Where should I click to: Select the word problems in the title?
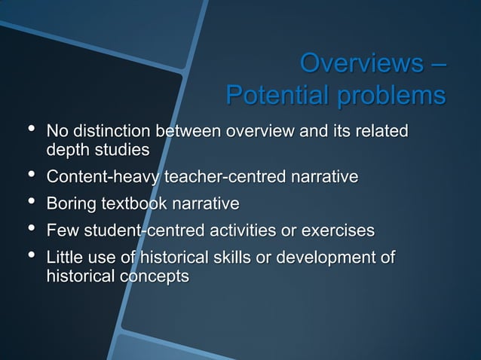[x=391, y=97]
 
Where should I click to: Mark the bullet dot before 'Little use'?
[x=31, y=256]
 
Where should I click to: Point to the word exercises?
[x=338, y=230]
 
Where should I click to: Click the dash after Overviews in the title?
[x=437, y=65]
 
